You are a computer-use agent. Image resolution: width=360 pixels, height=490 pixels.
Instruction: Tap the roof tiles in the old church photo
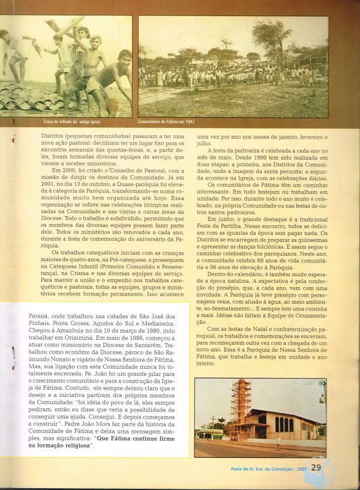[36, 99]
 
